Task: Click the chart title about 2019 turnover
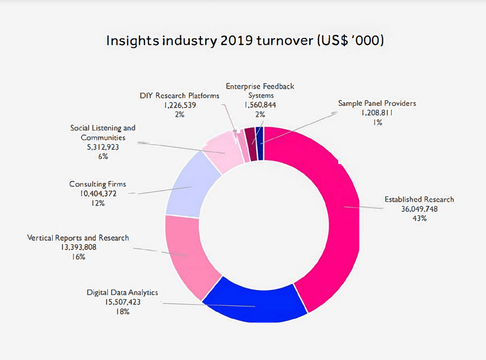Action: [x=245, y=41]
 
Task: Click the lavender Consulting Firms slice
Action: [x=189, y=186]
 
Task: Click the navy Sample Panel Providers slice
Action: [x=260, y=144]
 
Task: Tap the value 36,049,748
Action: [x=419, y=209]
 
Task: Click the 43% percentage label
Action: [x=419, y=219]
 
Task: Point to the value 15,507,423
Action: [x=123, y=302]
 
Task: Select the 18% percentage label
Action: [x=123, y=312]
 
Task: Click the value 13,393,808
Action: [x=78, y=247]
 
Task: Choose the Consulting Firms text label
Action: [x=98, y=184]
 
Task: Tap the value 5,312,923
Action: [x=103, y=147]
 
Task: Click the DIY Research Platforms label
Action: [x=179, y=96]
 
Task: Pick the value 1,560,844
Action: [x=260, y=105]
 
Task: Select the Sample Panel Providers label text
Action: [x=377, y=103]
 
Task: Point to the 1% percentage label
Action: [x=377, y=122]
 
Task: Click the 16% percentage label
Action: [x=78, y=257]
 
